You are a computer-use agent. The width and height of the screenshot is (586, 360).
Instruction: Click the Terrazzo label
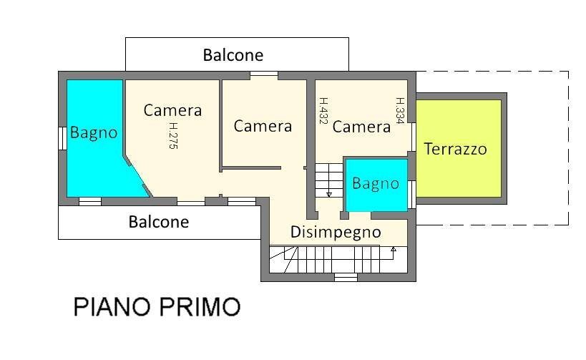tap(455, 149)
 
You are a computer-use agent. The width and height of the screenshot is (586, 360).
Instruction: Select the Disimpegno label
tap(336, 232)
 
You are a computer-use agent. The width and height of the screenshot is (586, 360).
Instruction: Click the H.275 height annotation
tap(172, 135)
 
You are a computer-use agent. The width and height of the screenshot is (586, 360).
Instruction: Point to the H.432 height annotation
tap(323, 111)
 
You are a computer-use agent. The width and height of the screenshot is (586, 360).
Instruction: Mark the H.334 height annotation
tap(401, 111)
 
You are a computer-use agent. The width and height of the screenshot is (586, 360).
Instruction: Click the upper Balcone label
tap(233, 55)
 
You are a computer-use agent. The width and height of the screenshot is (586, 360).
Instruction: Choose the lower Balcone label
tap(159, 222)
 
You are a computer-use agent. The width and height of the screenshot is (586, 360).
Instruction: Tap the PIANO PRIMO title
tap(157, 307)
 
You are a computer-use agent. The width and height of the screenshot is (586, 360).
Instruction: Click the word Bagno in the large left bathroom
tap(94, 132)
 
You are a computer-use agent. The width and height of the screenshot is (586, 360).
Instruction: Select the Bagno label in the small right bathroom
tap(376, 184)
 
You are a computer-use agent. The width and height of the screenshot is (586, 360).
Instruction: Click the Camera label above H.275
tap(172, 110)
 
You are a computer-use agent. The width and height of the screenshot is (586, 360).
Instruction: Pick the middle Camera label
tap(263, 126)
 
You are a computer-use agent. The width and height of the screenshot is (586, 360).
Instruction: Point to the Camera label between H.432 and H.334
tap(361, 127)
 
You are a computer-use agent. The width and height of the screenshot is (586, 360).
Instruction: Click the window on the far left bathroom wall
tap(62, 137)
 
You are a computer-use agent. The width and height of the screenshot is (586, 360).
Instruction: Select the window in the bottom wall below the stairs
tap(346, 277)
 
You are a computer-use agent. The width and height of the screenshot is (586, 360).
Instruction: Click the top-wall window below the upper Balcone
tap(263, 74)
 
